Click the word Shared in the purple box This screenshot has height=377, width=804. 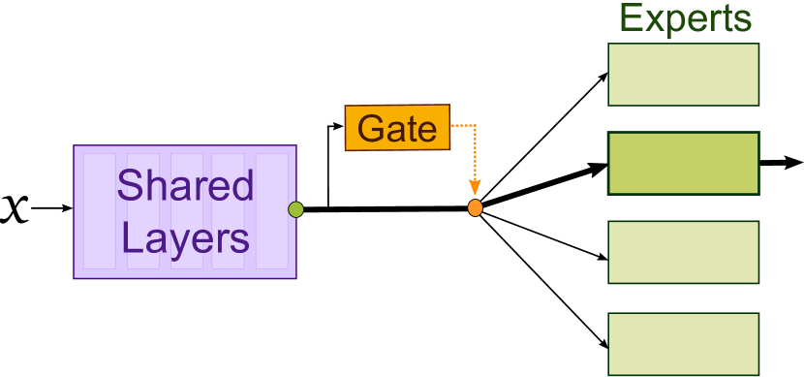click(185, 185)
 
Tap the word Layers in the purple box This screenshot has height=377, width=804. click(185, 237)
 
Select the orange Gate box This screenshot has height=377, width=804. click(397, 128)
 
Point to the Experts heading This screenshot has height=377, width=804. click(685, 18)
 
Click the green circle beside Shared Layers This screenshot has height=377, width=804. click(295, 209)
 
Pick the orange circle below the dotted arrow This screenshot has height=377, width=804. click(475, 207)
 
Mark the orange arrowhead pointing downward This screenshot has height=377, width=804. click(475, 188)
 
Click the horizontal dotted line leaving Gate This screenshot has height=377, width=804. click(463, 125)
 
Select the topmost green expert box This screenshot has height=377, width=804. click(683, 75)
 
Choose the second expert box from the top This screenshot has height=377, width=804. click(683, 164)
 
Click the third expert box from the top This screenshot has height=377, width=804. click(683, 252)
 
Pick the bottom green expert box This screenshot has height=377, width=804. click(683, 343)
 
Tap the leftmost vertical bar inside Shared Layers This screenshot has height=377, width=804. click(99, 211)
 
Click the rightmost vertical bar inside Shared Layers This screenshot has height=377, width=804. click(272, 211)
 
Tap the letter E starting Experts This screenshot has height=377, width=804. click(631, 18)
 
